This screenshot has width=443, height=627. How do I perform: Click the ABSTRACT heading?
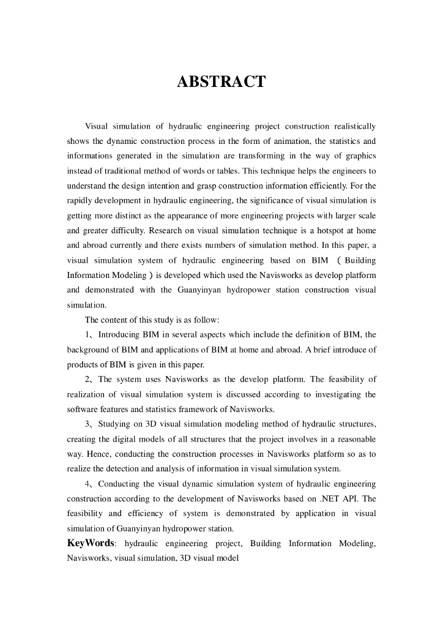point(221,81)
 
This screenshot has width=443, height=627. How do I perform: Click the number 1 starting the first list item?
point(87,334)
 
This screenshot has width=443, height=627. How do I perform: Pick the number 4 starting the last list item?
point(87,484)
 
